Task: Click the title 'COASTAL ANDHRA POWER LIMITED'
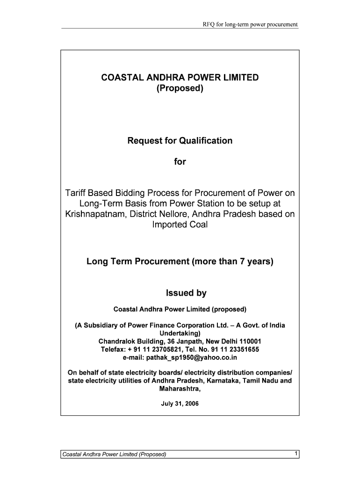point(180,78)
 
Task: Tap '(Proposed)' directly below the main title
point(180,88)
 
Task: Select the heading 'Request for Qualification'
point(180,141)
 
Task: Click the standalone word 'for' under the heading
point(180,162)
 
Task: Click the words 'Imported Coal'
point(180,225)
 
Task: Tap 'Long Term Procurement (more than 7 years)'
point(180,262)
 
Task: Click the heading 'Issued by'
point(186,293)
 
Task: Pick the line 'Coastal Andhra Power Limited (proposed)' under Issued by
point(180,310)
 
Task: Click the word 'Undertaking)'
point(180,334)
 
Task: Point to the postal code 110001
point(248,341)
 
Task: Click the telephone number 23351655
point(243,349)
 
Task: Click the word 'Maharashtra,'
point(180,389)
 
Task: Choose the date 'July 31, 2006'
point(180,403)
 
